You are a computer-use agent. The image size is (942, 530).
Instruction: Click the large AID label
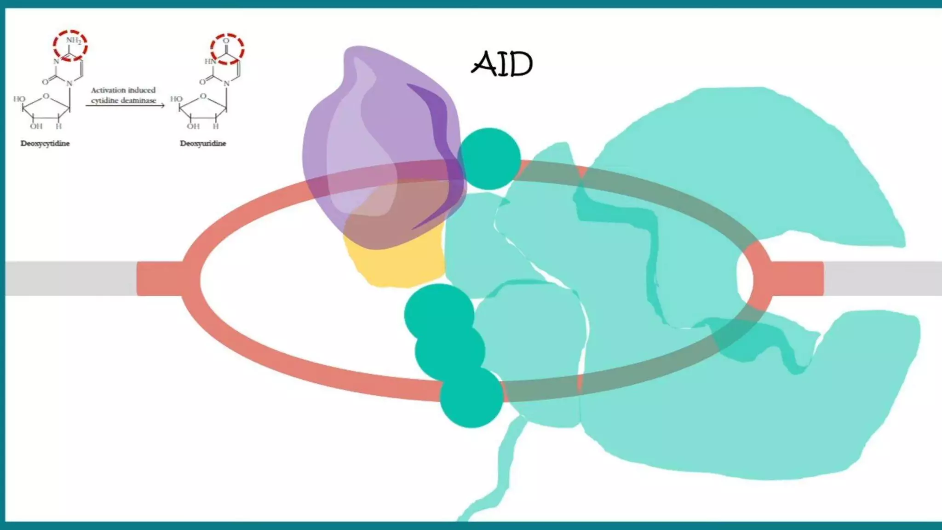502,64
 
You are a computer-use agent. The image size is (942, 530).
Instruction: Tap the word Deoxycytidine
45,144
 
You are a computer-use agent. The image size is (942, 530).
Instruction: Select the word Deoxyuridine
203,144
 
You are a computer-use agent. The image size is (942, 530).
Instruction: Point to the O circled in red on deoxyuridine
226,41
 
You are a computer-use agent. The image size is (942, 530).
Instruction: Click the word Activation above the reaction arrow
108,90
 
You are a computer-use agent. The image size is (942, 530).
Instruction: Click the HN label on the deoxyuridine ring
210,61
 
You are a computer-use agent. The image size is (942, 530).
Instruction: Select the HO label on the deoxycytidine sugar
19,99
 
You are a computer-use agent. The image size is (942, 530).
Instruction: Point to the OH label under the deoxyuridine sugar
193,126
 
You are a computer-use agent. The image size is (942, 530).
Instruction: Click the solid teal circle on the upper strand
489,159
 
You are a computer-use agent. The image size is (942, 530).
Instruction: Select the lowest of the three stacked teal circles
471,397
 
